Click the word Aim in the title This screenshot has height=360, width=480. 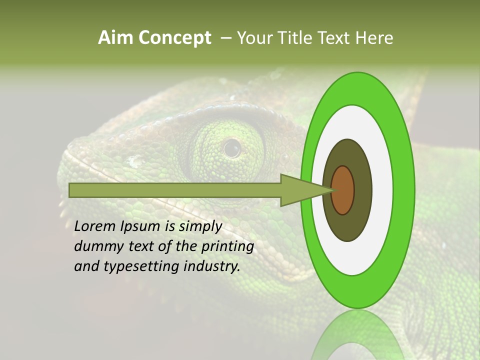pos(115,38)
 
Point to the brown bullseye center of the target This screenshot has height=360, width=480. pos(342,190)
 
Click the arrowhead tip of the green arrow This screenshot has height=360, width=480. pos(332,190)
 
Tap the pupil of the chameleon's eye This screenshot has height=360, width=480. pos(231,148)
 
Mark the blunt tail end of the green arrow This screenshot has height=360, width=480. pos(70,190)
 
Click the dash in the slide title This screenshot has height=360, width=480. pos(226,38)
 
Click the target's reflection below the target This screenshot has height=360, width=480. pos(357,337)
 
